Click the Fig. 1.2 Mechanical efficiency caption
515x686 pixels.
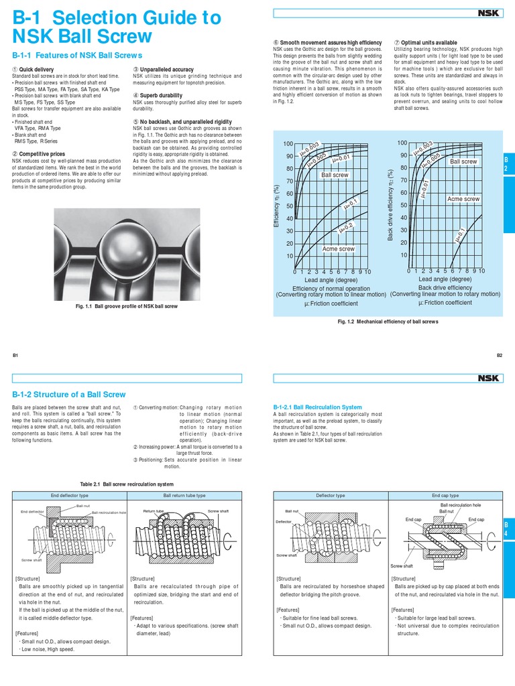(388, 322)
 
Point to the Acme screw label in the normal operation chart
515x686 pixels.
(338, 249)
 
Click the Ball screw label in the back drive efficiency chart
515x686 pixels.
(463, 161)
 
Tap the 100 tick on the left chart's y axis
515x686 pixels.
(288, 144)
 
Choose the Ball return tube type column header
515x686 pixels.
(184, 495)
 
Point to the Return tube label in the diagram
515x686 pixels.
(154, 510)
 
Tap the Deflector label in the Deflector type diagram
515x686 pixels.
(284, 521)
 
